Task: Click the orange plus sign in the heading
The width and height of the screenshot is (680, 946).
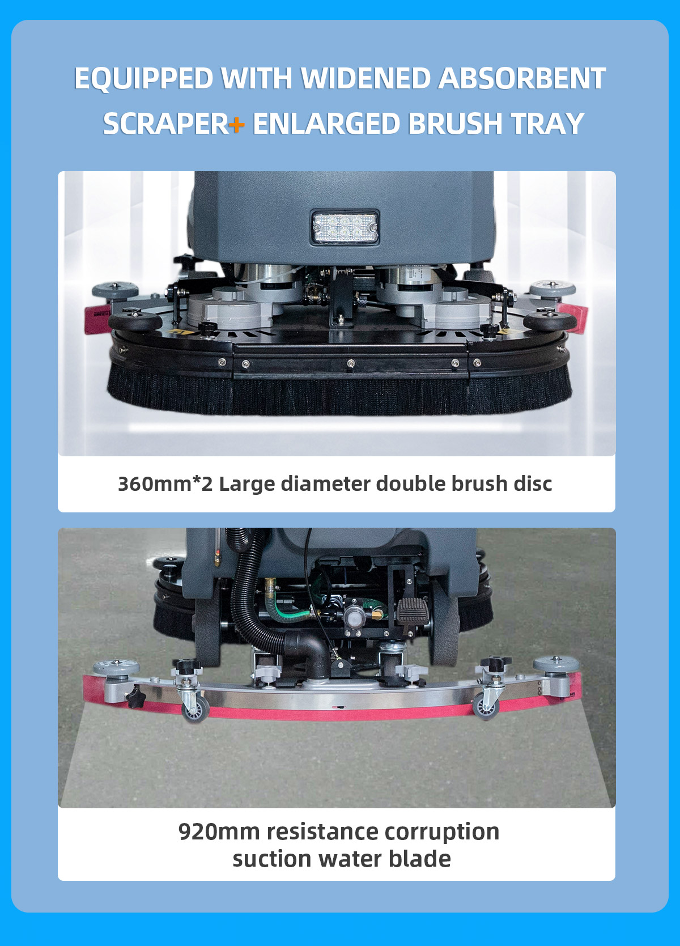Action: point(236,124)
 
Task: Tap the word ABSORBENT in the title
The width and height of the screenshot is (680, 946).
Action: point(522,79)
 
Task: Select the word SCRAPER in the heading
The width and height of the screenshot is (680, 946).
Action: point(166,124)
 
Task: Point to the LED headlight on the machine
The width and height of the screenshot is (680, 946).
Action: point(345,227)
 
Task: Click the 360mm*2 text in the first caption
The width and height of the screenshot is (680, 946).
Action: point(165,484)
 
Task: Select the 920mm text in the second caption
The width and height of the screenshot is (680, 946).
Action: point(219,833)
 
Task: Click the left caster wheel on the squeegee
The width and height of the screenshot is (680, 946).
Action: point(195,709)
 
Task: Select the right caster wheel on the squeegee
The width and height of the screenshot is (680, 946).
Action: point(486,707)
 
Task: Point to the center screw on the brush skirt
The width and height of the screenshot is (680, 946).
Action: point(350,363)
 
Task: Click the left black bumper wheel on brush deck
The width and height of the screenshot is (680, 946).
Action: point(135,321)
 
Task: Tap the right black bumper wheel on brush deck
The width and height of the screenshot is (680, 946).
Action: point(550,321)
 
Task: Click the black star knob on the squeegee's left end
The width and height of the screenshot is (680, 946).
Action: point(135,693)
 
